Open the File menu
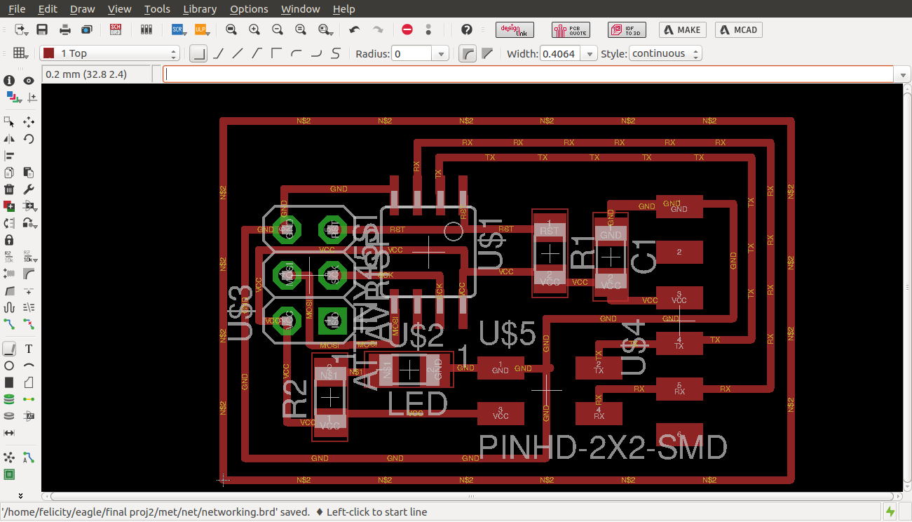pos(17,9)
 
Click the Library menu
pos(199,9)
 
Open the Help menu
pos(343,9)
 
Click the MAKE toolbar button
pos(682,29)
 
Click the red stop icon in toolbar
pos(407,29)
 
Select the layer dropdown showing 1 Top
pos(110,53)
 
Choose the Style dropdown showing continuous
pos(665,53)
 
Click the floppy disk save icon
pos(42,29)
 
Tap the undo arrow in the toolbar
pos(355,29)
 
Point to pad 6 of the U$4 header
pos(679,434)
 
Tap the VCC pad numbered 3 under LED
pos(501,413)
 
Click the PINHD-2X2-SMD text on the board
pos(603,447)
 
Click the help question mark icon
pos(467,29)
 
